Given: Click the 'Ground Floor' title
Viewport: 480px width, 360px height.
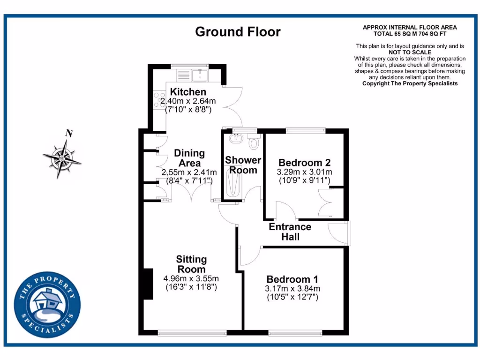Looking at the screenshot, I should point(238,32).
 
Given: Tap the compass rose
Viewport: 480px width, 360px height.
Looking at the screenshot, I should point(62,158).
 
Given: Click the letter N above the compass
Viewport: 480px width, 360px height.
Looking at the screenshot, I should point(69,134).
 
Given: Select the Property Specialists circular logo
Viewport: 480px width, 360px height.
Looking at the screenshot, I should point(47,305).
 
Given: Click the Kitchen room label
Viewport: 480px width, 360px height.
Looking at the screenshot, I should point(188,92).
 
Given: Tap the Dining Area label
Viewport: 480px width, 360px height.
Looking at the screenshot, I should point(189,158).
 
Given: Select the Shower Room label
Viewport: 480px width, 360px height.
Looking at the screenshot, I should point(243,165).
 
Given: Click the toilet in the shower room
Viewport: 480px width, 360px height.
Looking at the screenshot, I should point(255,142).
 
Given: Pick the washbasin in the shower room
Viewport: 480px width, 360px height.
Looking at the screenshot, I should point(234,138).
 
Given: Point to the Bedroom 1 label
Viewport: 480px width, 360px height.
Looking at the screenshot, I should point(292,279).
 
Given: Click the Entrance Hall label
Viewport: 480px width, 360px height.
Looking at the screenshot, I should point(290,232).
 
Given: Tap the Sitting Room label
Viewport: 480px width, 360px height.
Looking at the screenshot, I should point(191,264).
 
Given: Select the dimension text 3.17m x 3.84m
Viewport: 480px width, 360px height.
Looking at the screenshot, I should point(292,288).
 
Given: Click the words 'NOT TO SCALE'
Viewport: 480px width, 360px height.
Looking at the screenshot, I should point(409,52).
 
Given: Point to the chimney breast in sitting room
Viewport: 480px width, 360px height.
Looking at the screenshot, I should point(148,284).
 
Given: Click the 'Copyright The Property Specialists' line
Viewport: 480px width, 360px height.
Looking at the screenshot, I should point(410,83).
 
